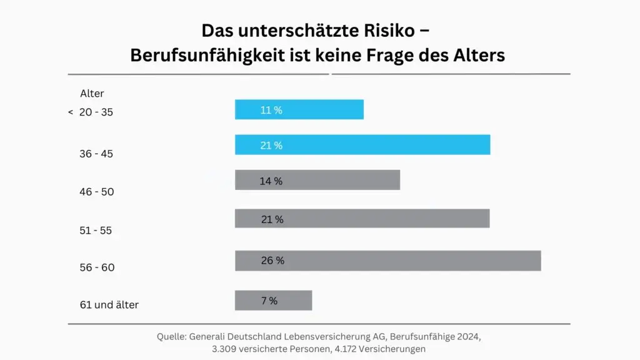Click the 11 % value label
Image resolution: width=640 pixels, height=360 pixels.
(271, 110)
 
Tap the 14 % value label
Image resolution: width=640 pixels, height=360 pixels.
(271, 181)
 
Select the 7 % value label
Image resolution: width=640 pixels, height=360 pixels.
(269, 301)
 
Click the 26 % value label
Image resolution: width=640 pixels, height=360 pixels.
(272, 261)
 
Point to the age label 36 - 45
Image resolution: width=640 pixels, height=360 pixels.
(96, 154)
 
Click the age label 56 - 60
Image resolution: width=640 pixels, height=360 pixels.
(97, 267)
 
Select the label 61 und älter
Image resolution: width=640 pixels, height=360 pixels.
(109, 305)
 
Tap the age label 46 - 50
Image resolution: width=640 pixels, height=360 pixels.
(97, 192)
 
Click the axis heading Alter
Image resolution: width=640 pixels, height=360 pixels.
(92, 94)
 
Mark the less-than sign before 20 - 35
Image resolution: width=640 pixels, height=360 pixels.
(71, 112)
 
